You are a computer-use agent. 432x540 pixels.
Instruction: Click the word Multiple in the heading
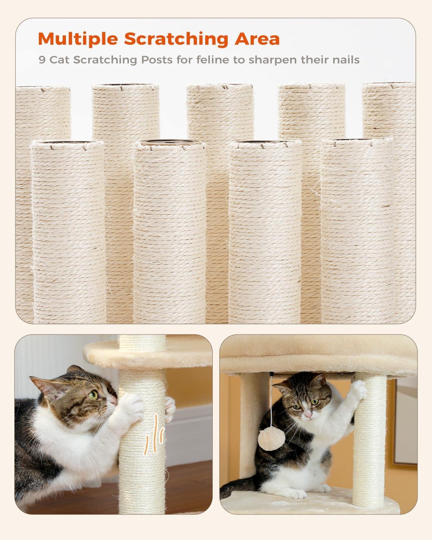click(x=78, y=39)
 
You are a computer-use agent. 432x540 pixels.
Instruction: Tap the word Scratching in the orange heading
click(x=176, y=39)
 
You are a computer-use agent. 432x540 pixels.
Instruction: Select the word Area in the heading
click(x=257, y=39)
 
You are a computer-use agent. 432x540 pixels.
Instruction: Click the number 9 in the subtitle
click(x=42, y=60)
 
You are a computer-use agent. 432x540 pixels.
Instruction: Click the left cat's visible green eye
click(x=93, y=395)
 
